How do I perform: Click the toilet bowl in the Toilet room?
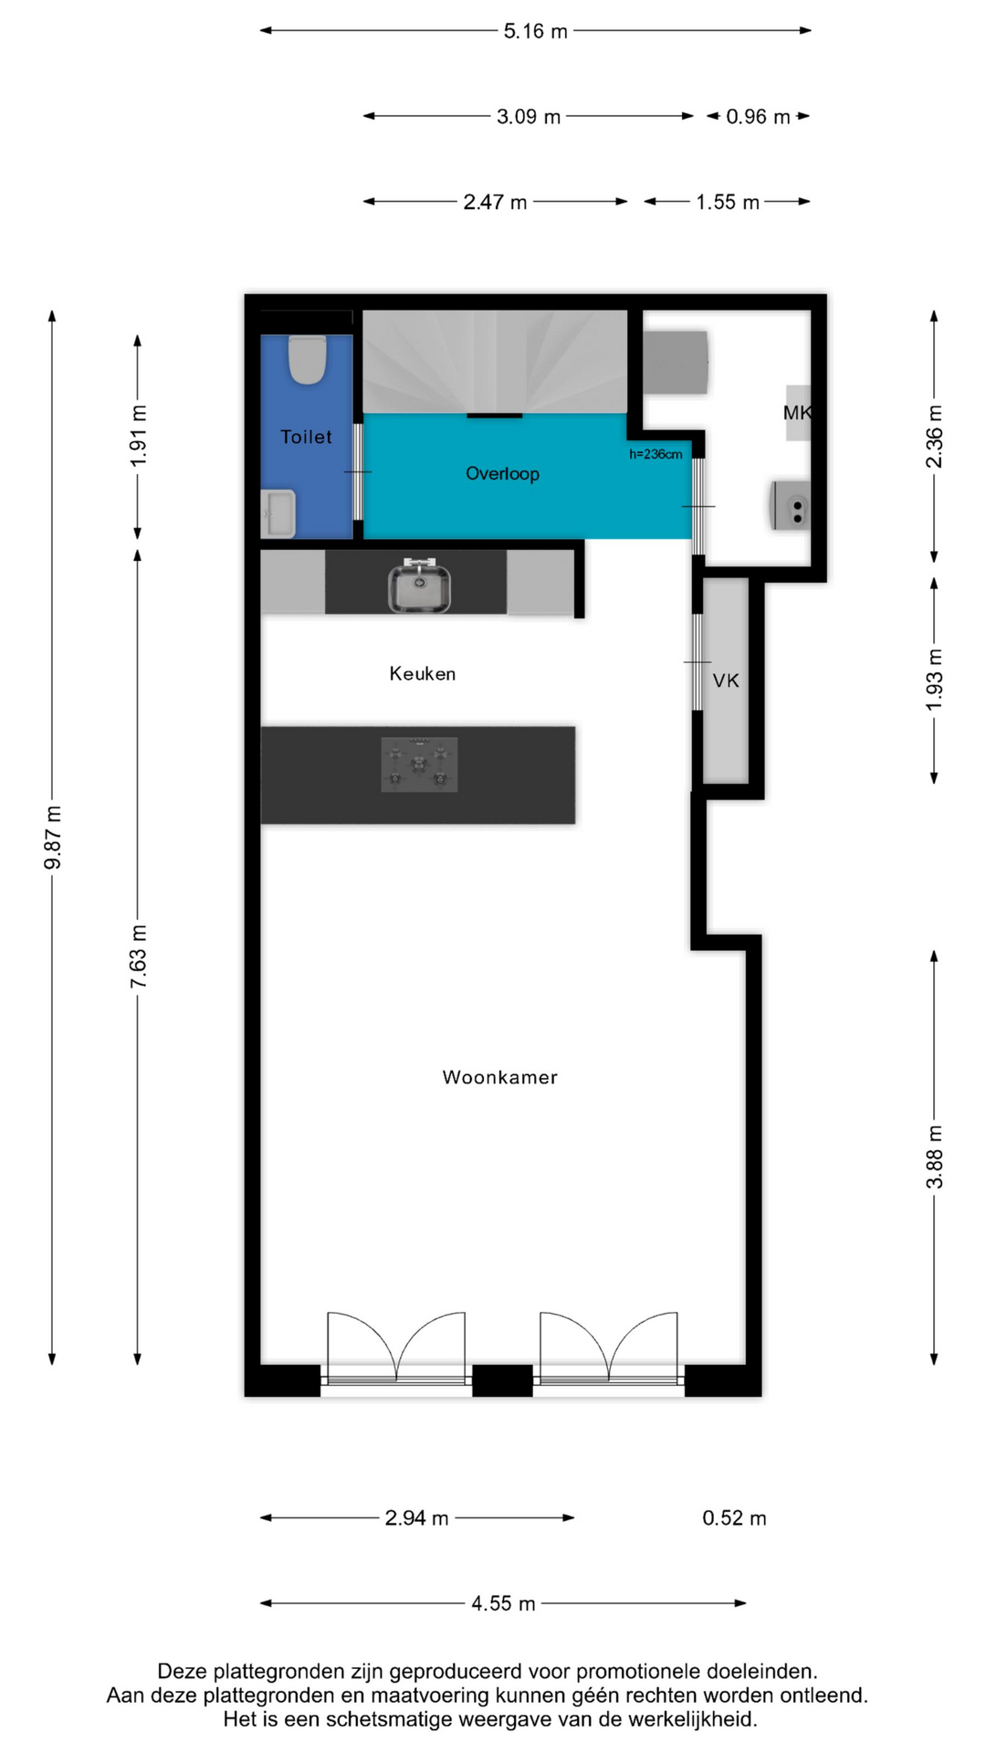point(308,360)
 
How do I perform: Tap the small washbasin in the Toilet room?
point(278,513)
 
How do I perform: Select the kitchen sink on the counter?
point(419,586)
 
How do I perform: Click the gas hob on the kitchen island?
point(419,764)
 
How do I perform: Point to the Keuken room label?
point(423,674)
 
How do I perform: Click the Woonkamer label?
point(500,1078)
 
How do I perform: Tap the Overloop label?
point(502,473)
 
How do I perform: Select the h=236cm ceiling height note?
point(656,454)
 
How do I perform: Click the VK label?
point(726,681)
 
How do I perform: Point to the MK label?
point(797,413)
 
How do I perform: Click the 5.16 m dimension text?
point(536,31)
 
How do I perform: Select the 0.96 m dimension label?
point(758,117)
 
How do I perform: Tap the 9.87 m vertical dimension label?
point(53,838)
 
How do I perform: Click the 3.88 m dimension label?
point(935,1157)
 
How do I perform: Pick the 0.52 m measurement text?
point(734,1518)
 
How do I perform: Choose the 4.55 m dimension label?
point(503,1604)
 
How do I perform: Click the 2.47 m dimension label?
point(495,202)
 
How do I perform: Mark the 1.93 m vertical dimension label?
point(935,681)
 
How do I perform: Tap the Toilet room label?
point(307,437)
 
